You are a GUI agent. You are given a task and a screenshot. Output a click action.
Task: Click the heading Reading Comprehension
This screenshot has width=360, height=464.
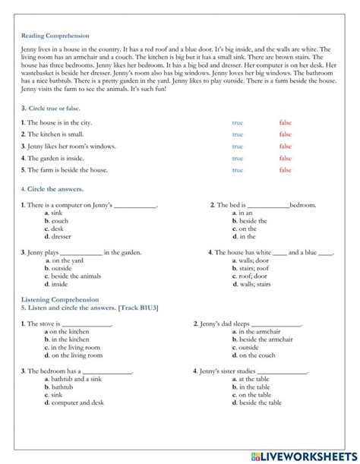(x=55, y=36)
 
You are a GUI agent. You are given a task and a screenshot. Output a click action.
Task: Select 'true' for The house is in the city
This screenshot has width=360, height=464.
(x=238, y=122)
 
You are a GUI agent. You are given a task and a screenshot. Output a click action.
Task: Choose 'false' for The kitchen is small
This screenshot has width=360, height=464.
(x=285, y=134)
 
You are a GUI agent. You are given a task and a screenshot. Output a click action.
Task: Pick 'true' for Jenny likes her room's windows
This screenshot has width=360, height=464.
(x=238, y=147)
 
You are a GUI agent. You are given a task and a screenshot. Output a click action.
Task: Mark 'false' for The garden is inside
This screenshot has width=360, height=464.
(x=285, y=159)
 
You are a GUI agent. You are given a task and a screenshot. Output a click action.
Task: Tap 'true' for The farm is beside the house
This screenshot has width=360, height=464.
(x=238, y=170)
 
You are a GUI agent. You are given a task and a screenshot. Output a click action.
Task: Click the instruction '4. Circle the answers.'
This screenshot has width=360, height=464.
(x=52, y=188)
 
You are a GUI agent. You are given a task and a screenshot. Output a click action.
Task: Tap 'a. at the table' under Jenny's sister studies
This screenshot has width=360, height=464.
(x=251, y=379)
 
